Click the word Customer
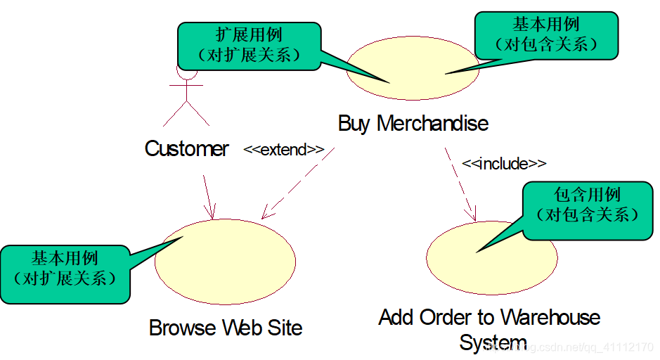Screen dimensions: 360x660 point(186,148)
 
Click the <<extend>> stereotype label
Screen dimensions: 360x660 point(284,150)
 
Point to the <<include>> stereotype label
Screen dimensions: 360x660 point(504,164)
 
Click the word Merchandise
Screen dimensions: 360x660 point(432,124)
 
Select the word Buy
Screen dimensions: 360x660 point(354,124)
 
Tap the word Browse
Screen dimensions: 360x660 point(183,328)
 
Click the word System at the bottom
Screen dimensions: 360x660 point(493,343)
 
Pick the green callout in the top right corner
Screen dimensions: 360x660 point(546,34)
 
